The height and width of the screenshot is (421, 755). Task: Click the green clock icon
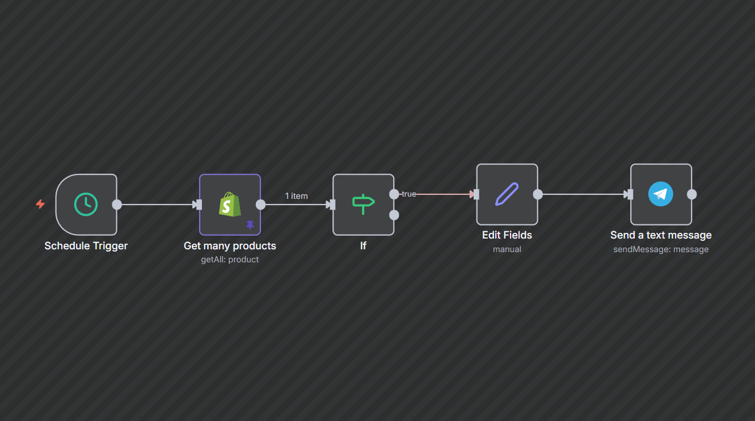coord(86,205)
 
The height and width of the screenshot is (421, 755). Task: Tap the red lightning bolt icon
coord(40,204)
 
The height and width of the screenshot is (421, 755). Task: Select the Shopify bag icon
coord(230,204)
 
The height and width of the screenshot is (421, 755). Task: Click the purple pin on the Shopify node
coord(250,225)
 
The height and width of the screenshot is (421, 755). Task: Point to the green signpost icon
coord(363,204)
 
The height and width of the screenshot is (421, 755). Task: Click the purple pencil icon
coord(507,194)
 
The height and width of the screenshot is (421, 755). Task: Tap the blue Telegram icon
coord(661,194)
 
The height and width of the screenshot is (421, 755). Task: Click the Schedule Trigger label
coord(86,246)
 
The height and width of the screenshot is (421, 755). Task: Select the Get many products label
coord(230,246)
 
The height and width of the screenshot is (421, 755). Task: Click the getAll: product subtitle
coord(230,260)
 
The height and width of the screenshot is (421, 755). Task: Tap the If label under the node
coord(363,246)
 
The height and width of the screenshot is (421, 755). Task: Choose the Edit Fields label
coord(507,235)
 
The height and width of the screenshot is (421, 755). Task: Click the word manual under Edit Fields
coord(507,249)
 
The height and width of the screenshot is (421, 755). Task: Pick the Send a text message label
coord(661,235)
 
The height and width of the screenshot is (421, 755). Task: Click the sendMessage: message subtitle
coord(661,249)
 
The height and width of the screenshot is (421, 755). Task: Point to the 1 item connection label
coord(296,196)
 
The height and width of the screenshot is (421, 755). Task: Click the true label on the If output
coord(408,194)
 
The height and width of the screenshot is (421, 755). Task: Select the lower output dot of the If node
coord(394,215)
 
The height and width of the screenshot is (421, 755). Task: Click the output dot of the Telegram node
coord(692,194)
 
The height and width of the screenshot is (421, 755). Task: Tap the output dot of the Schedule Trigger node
coord(117,205)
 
